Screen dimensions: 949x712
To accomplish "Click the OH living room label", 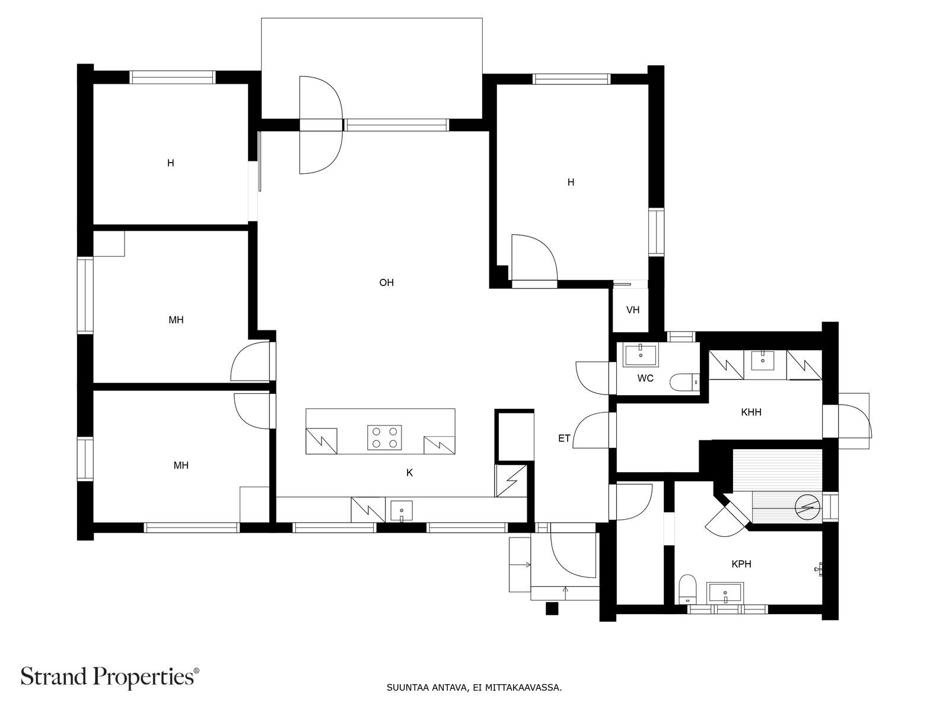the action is [386, 283].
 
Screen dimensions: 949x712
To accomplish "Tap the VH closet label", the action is [632, 310].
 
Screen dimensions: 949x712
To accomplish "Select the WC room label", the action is [645, 379].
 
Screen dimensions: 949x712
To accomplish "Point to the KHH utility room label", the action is [751, 412].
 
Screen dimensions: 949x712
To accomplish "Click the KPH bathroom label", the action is [741, 564].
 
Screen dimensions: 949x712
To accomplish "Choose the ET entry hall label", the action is [564, 438].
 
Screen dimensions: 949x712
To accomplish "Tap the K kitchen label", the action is [409, 473].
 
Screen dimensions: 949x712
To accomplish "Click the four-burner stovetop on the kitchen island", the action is [384, 437].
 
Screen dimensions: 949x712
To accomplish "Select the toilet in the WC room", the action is [684, 382].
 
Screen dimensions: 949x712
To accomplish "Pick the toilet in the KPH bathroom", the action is [687, 589].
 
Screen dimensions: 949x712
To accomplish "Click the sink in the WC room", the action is [641, 355].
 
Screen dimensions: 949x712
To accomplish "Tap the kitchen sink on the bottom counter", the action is [401, 511].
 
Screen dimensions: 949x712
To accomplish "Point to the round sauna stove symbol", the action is [807, 507].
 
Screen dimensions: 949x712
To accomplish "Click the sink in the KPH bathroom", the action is [725, 593].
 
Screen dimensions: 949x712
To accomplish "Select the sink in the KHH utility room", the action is [763, 360].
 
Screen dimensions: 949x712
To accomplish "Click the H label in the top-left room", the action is [171, 163].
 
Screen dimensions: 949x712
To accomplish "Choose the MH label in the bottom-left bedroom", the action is [181, 466].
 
